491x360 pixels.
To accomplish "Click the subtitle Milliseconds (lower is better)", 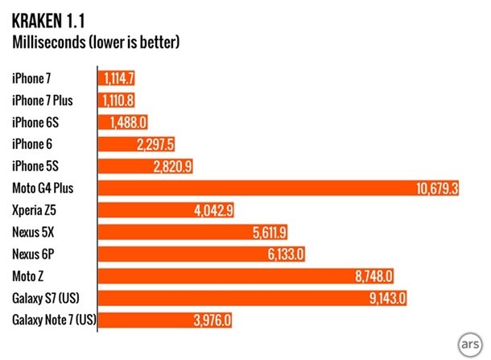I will [94, 40].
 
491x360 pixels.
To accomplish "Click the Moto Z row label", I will [30, 276].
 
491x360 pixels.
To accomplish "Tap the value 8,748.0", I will [373, 276].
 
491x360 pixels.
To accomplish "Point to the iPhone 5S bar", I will [146, 167].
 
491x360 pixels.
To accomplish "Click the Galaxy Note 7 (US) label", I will [54, 321].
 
